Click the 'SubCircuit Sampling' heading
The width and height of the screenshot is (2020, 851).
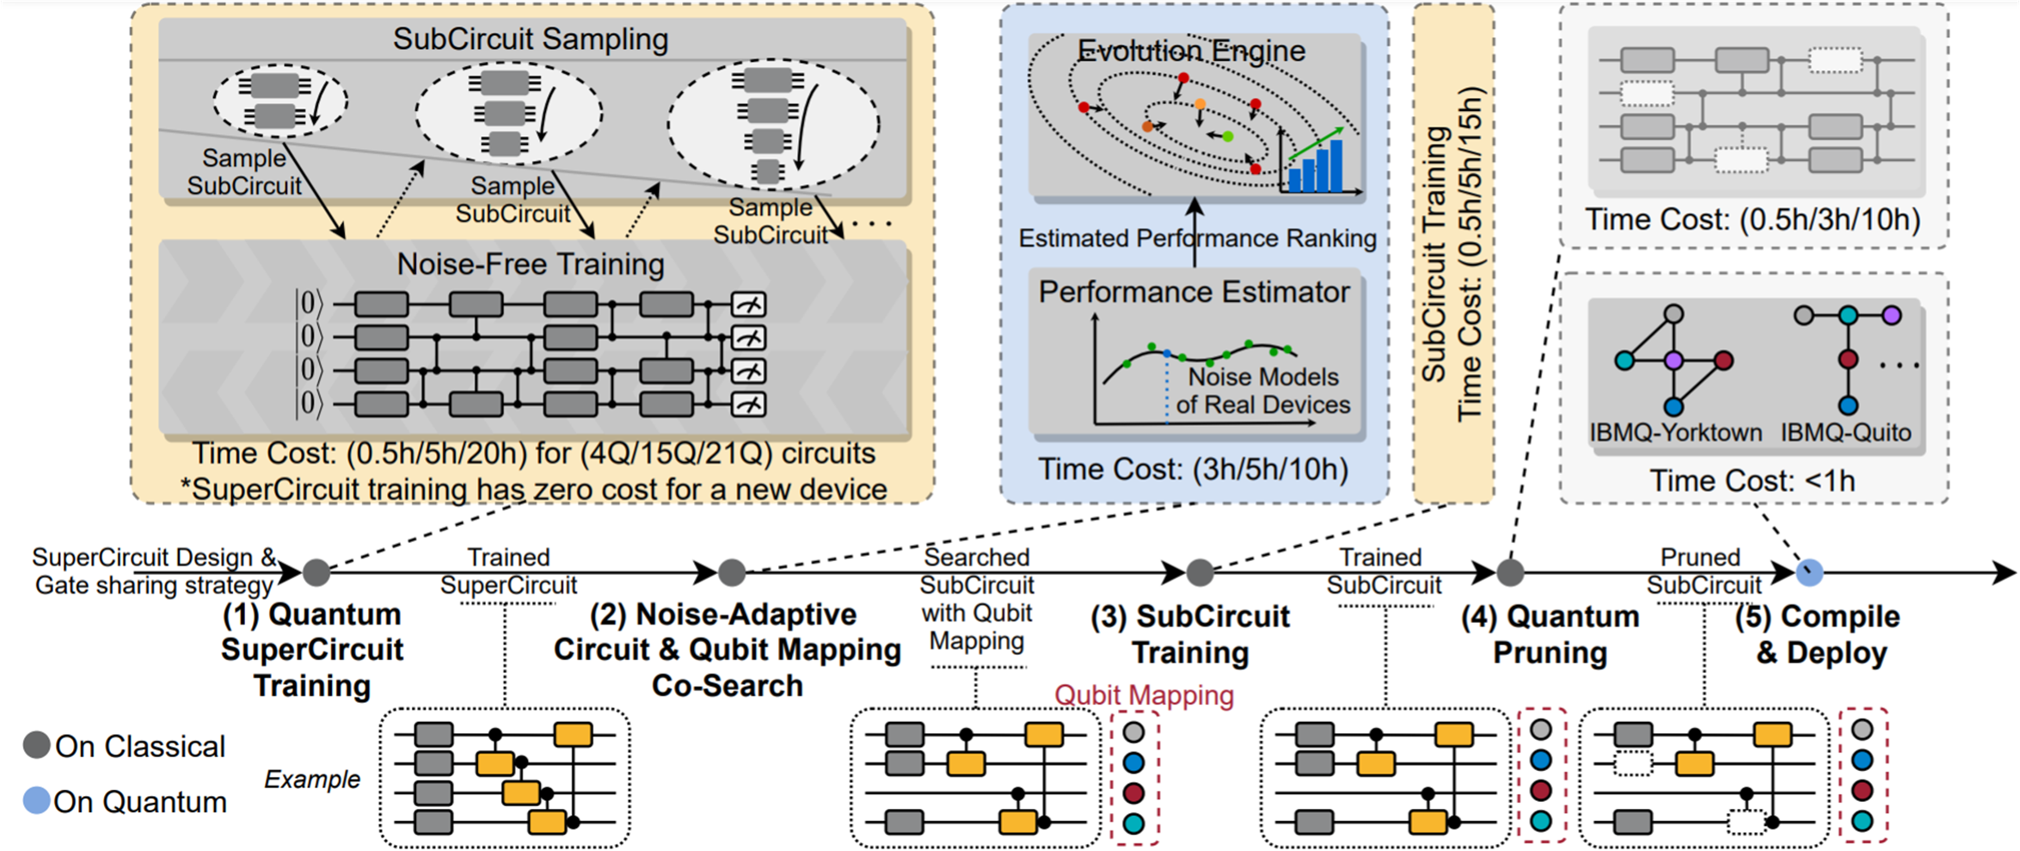coord(531,40)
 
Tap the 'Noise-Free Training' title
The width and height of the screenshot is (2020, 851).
coord(531,264)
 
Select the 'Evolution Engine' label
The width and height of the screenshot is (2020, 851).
coord(1192,52)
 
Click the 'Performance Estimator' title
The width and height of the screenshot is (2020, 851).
coord(1194,293)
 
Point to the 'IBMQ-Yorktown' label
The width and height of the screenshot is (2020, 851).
coord(1675,432)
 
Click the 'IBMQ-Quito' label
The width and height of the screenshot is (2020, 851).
coord(1845,432)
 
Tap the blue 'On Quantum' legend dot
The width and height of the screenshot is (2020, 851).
coord(36,801)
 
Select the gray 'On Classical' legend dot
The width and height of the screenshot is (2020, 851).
coord(36,745)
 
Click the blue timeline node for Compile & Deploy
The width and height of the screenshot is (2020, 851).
coord(1809,572)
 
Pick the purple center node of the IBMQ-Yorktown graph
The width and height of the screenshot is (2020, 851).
coord(1673,361)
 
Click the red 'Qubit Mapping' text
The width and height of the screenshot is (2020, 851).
coord(1144,695)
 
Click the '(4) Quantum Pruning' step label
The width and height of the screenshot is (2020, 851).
coord(1550,634)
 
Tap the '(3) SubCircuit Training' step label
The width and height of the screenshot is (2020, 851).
coord(1190,634)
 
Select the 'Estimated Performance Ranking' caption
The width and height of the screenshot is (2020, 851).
coord(1197,238)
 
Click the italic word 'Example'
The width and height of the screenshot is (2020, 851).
coord(312,780)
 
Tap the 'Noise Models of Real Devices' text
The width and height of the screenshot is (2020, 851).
coord(1263,391)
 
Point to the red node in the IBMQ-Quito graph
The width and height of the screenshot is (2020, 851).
coord(1848,360)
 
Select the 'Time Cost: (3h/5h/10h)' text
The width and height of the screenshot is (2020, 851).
coord(1193,470)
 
